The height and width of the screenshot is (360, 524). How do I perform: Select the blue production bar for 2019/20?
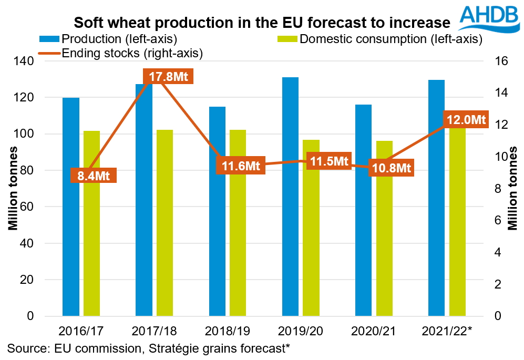(290, 197)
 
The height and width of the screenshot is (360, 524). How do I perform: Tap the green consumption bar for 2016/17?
(91, 223)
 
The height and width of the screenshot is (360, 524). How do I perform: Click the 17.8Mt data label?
(164, 77)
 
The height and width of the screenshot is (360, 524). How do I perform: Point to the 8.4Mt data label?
(93, 175)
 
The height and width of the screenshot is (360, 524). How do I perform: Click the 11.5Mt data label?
(329, 161)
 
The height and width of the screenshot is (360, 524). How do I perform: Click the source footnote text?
(149, 348)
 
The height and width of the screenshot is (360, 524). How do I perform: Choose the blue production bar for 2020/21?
(363, 210)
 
